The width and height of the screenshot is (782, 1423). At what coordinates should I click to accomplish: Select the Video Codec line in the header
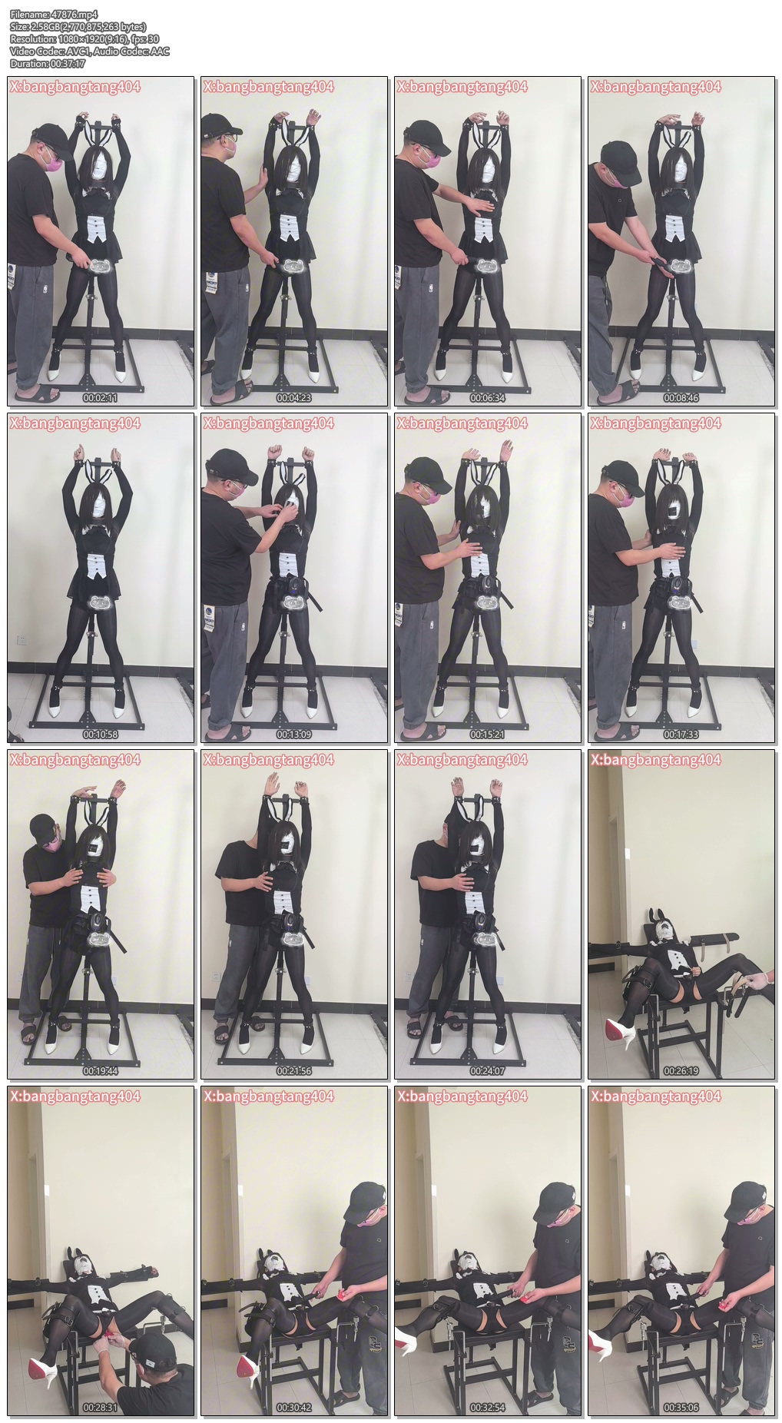coord(90,51)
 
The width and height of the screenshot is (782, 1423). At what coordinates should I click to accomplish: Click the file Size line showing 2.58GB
coord(78,27)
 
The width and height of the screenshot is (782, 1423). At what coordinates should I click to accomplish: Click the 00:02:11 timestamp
coord(101,398)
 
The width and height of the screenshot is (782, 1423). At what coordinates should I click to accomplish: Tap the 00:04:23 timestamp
coord(294,398)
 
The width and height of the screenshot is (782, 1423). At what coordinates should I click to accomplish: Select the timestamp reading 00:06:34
coord(488,398)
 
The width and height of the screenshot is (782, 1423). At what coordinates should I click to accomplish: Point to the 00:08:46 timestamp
coord(681,398)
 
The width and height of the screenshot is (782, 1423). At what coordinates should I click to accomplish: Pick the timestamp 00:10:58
coord(101,735)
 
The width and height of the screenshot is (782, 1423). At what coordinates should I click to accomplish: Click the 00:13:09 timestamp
coord(294,735)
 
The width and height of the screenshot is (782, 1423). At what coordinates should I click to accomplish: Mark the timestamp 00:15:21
coord(488,735)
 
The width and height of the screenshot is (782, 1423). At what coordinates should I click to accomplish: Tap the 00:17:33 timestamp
coord(681,735)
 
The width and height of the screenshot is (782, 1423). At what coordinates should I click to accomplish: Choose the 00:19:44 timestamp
coord(101,1071)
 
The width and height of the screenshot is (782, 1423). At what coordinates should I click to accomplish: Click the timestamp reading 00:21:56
coord(294,1071)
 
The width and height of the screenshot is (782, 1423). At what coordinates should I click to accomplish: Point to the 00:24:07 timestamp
coord(488,1071)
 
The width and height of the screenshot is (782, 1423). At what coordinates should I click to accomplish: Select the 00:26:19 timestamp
coord(681,1071)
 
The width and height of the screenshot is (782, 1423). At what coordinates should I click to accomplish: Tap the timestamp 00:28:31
coord(101,1408)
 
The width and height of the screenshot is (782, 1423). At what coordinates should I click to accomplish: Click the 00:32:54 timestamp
coord(488,1408)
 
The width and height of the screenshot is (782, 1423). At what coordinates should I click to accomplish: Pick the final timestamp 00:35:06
coord(681,1408)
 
